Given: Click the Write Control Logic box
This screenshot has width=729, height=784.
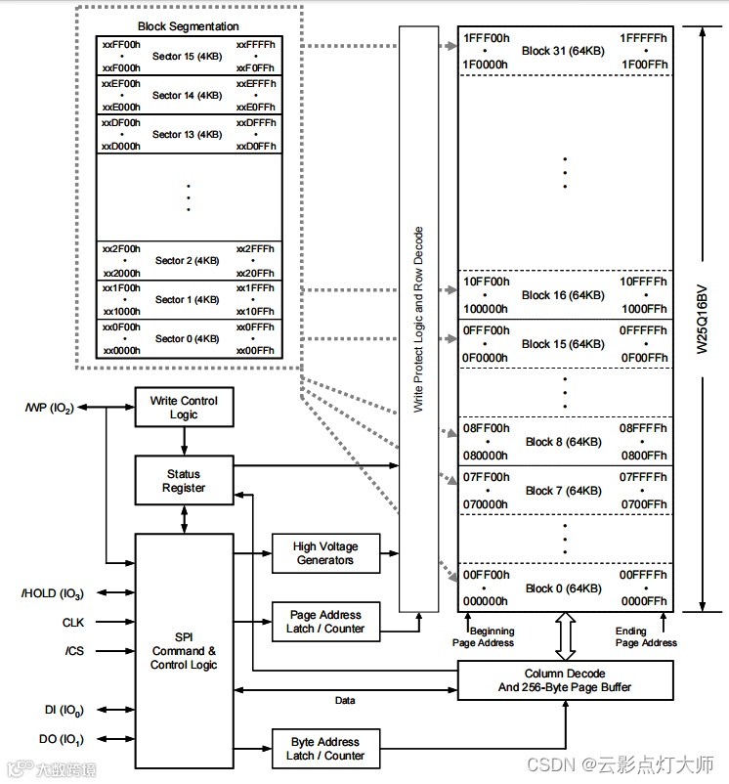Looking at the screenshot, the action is click(184, 407).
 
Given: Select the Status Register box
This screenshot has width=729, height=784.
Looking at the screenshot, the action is click(184, 480).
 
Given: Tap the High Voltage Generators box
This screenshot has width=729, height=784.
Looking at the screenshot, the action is click(325, 553).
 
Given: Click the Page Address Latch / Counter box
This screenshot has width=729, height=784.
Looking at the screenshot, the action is click(325, 622).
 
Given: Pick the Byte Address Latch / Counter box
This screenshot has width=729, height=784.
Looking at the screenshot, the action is click(325, 749).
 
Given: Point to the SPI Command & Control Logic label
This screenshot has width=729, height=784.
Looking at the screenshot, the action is click(184, 650).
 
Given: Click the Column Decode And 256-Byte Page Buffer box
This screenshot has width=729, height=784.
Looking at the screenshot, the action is click(565, 680).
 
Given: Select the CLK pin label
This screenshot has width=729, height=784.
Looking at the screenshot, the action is click(73, 623).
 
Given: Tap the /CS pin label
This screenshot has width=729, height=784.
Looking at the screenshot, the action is click(74, 651).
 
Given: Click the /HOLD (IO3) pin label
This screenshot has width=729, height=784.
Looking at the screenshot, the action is click(53, 593).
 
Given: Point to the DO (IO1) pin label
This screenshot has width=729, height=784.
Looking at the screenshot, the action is click(62, 739).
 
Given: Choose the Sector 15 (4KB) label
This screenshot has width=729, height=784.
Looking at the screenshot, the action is click(187, 57).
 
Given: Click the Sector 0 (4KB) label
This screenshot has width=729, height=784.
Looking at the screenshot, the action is click(187, 339).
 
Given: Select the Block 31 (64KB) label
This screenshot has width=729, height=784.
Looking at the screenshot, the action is click(563, 51).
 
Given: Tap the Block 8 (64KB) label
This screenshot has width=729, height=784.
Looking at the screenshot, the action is click(563, 442).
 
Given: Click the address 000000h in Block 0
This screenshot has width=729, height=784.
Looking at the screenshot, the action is click(485, 601).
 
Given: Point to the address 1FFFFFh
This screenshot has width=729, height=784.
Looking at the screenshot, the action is click(643, 38).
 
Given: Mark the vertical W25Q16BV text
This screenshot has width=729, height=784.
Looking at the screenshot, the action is click(702, 320).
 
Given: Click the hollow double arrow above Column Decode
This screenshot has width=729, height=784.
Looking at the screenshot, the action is click(565, 636).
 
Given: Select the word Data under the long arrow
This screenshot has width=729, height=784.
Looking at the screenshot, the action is click(345, 701).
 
